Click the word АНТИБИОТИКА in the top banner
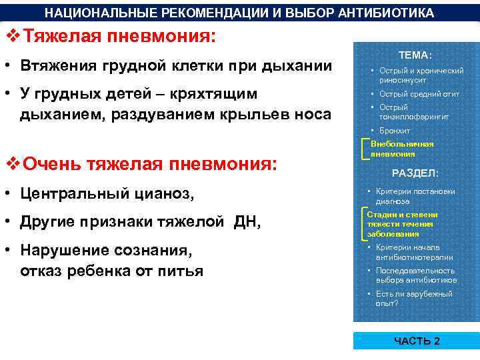click(385, 13)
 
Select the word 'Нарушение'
click(62, 251)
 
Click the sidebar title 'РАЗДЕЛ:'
click(415, 173)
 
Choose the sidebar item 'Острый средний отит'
click(419, 94)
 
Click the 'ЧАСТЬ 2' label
click(416, 341)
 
